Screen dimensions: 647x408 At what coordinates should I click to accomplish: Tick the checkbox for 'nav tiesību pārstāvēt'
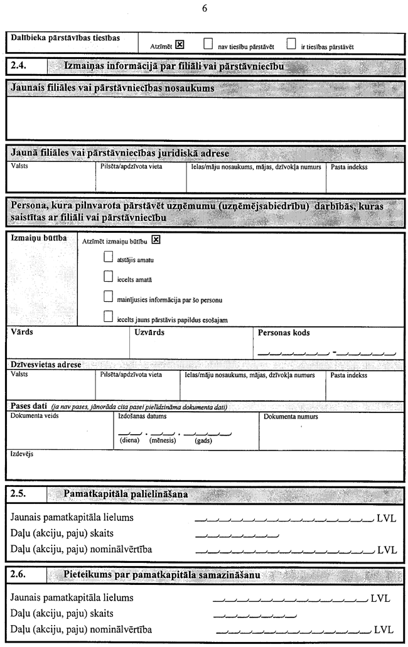[208, 44]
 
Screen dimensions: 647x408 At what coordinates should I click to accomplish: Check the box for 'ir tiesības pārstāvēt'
[291, 44]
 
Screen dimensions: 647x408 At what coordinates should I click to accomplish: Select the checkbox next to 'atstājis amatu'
[108, 258]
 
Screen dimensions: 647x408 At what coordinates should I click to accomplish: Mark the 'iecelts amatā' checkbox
[108, 277]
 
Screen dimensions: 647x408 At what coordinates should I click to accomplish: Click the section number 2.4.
[19, 66]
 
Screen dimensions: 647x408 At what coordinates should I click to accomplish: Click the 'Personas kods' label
[284, 333]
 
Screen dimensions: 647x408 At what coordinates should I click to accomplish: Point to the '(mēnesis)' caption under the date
[162, 441]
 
